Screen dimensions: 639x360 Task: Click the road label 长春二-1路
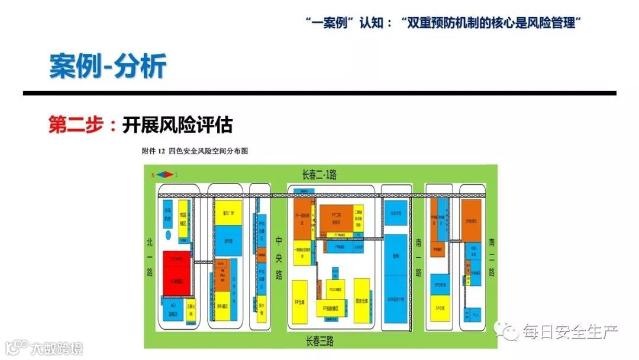[x=319, y=174]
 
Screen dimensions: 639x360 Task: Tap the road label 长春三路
[x=319, y=341]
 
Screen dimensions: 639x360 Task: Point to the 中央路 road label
[x=279, y=258]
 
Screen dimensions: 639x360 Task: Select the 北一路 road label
[x=150, y=258]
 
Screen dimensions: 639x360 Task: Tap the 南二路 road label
[x=492, y=258]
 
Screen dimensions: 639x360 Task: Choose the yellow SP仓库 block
[x=440, y=308]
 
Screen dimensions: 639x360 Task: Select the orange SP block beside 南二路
[x=472, y=220]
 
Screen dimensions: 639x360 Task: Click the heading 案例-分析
[x=107, y=66]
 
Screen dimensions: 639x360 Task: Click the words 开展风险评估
[x=177, y=125]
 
